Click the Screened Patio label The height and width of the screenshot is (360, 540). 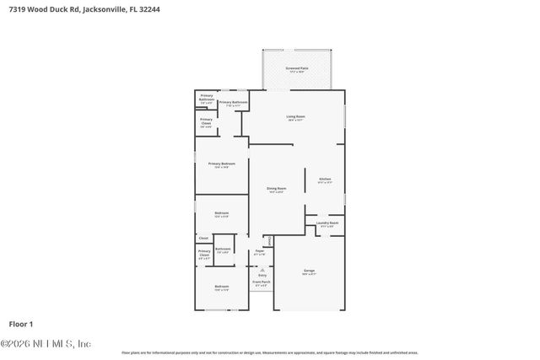(x=296, y=67)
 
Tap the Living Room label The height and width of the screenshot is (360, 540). (x=295, y=116)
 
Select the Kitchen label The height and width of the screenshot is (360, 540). (x=325, y=179)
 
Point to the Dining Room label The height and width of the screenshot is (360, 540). (x=276, y=189)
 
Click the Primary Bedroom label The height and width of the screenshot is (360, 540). (x=221, y=164)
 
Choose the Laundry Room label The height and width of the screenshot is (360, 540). (x=327, y=223)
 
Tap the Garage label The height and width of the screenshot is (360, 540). (x=309, y=271)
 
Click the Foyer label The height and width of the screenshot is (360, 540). (x=260, y=250)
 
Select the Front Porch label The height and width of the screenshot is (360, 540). (x=262, y=284)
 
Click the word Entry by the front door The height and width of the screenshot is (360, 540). (x=262, y=275)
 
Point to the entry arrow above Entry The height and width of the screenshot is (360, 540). (x=262, y=269)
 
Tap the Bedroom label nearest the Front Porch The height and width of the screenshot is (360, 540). (x=221, y=287)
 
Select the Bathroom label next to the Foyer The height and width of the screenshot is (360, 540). (x=223, y=249)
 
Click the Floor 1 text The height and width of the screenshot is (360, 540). (x=20, y=324)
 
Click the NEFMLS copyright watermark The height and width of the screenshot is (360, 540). (x=46, y=343)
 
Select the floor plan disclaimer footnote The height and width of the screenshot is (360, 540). (x=269, y=352)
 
